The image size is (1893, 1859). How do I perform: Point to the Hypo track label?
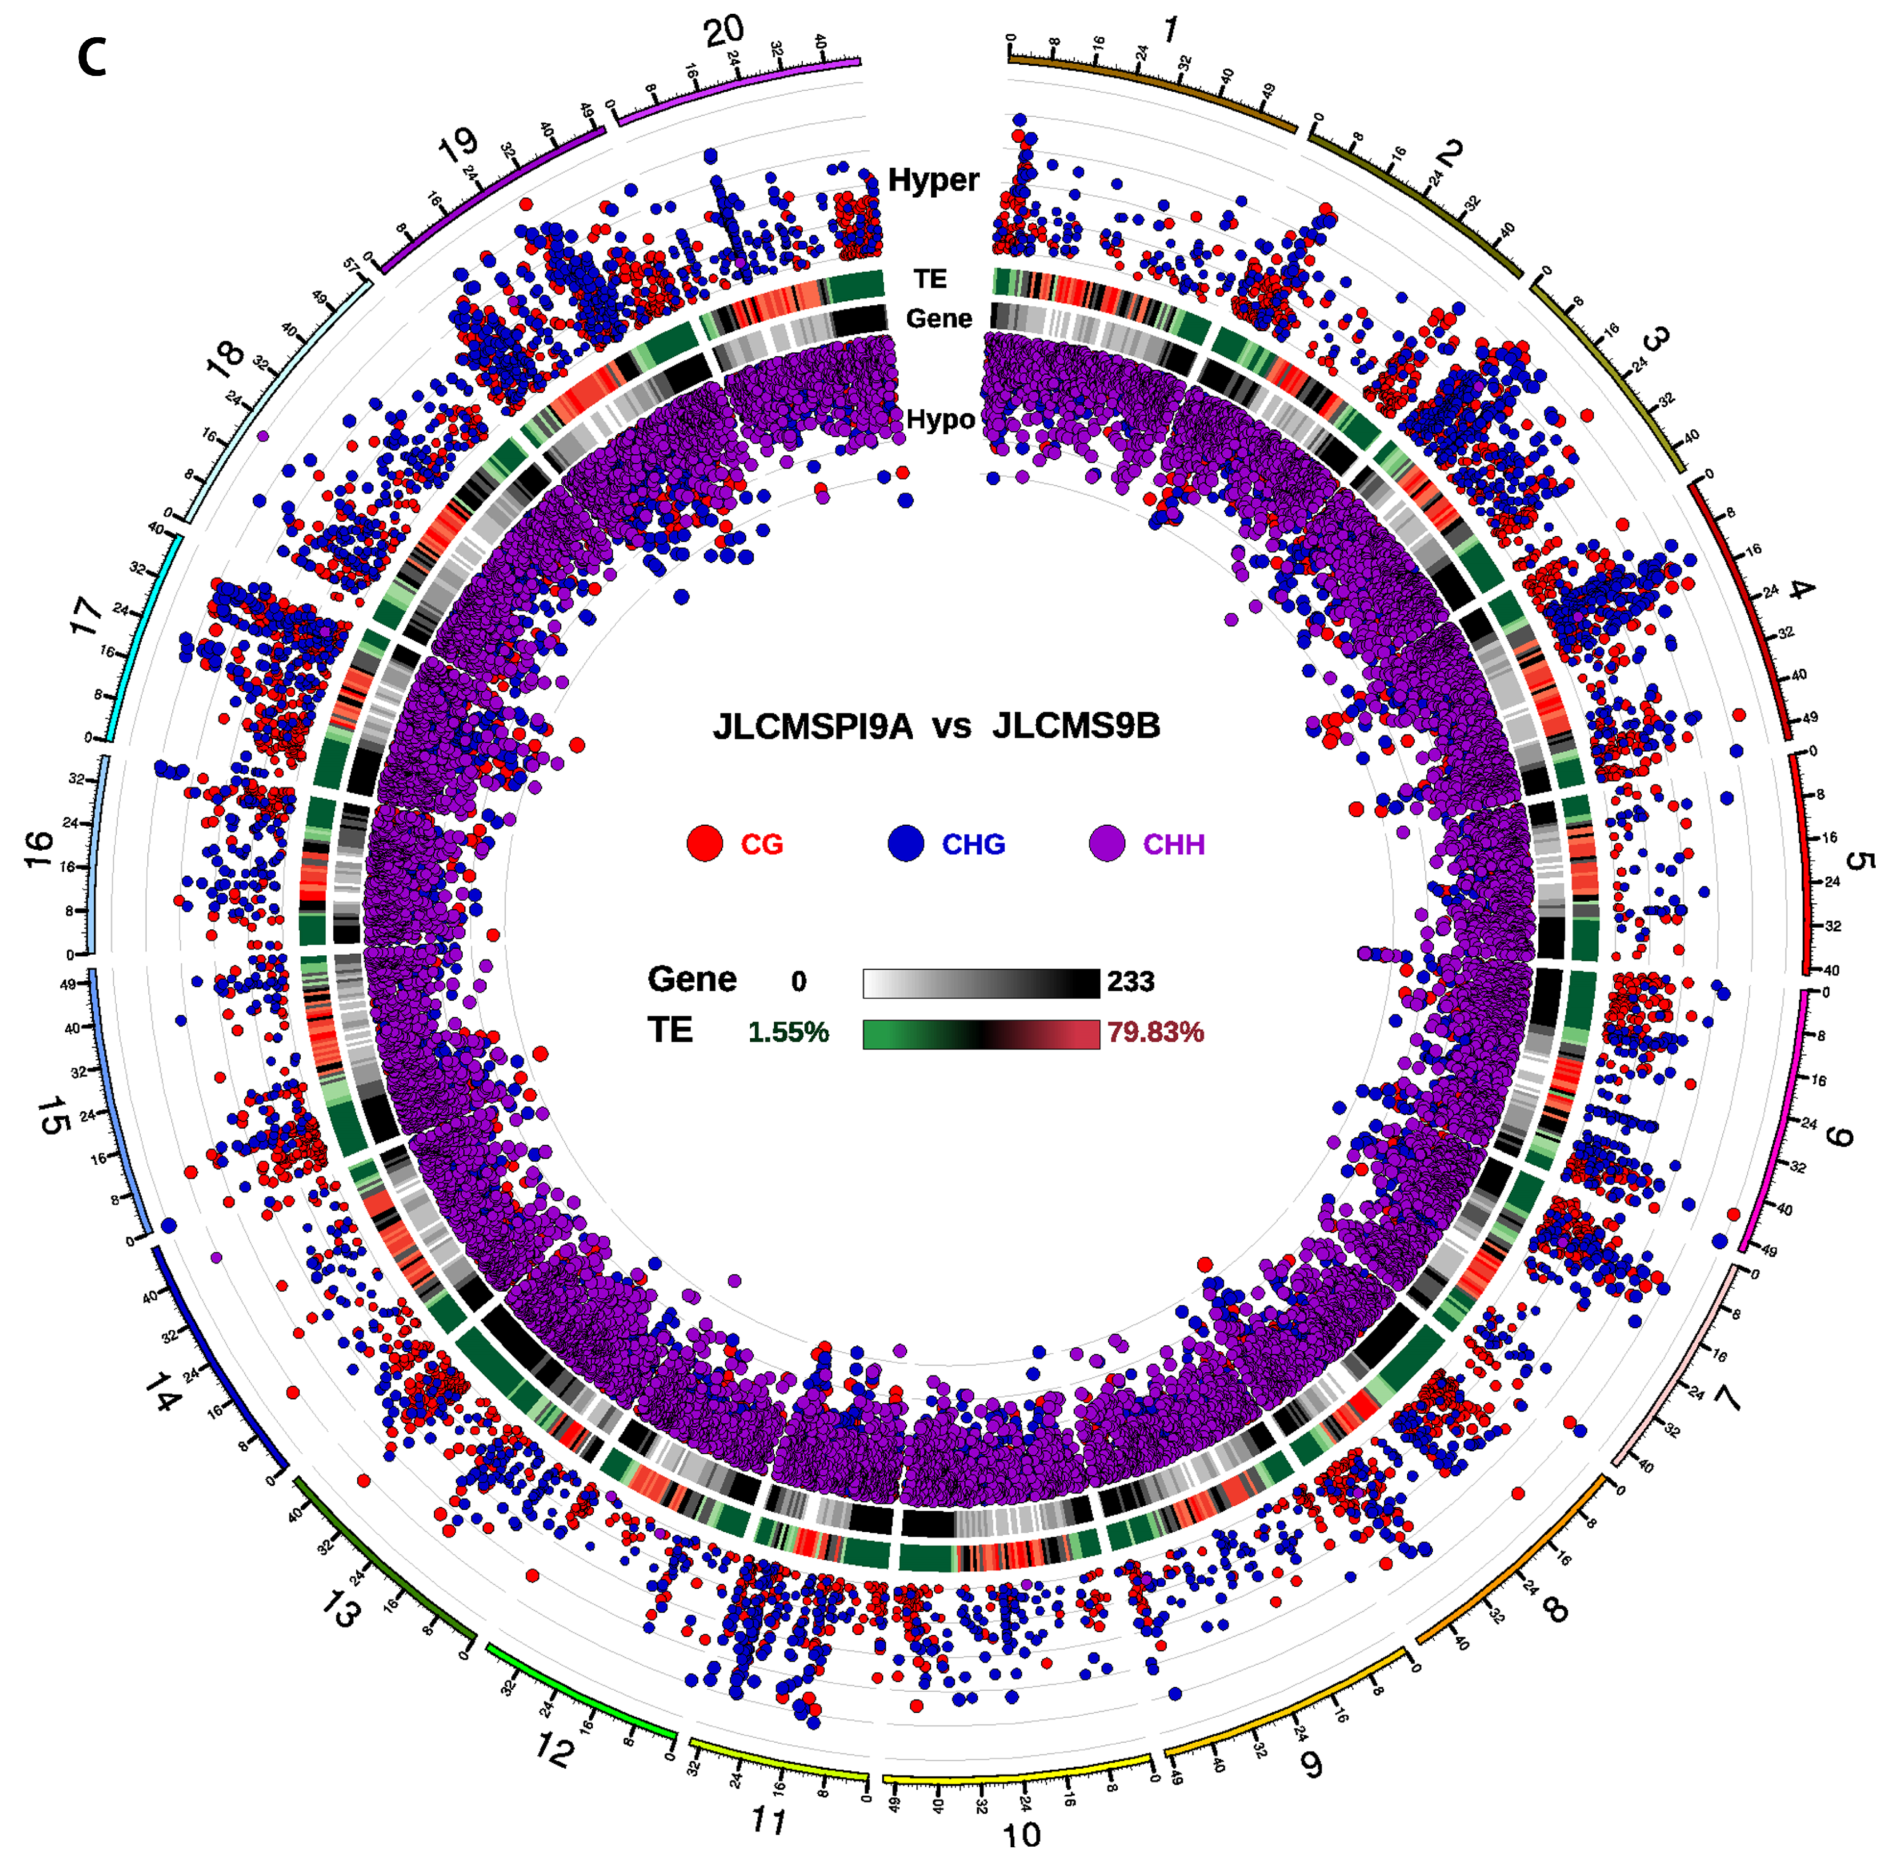pos(940,420)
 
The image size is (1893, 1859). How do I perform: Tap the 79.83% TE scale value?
pos(1155,1032)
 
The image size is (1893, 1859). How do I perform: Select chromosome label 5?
pos(1860,861)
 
